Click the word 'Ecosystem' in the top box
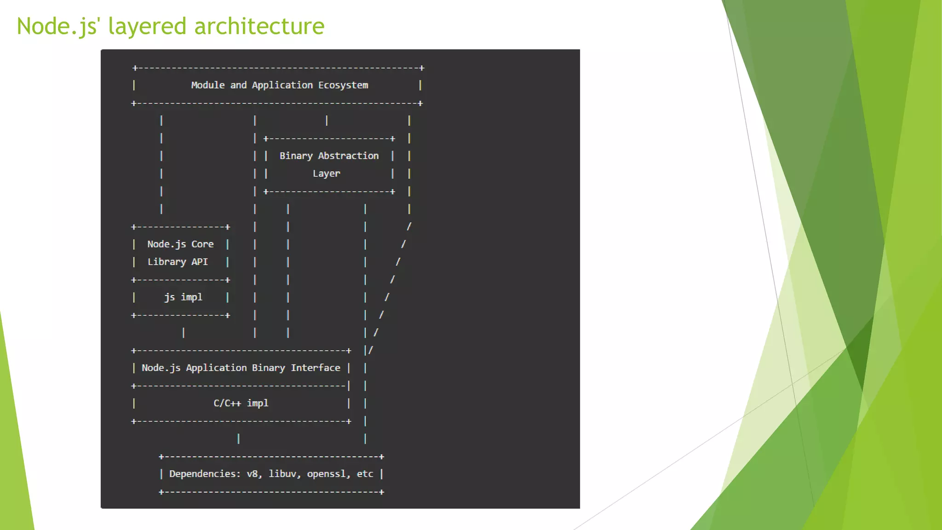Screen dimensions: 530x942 (343, 85)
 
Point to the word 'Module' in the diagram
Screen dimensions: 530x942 (208, 85)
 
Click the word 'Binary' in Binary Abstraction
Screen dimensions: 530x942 (296, 156)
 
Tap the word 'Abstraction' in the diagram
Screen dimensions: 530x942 (348, 156)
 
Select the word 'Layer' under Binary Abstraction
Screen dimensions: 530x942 (327, 173)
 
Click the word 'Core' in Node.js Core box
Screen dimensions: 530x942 (202, 244)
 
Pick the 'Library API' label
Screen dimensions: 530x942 (178, 262)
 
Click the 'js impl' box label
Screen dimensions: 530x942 (183, 297)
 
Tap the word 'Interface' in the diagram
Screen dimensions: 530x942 (316, 368)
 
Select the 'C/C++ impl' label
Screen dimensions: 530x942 (241, 403)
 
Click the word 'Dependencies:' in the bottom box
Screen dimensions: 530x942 (205, 474)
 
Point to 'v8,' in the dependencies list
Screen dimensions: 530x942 (254, 474)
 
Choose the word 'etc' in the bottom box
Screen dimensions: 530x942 (365, 474)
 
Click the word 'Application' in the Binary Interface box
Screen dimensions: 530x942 (216, 368)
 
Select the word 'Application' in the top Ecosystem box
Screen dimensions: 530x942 (282, 85)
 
